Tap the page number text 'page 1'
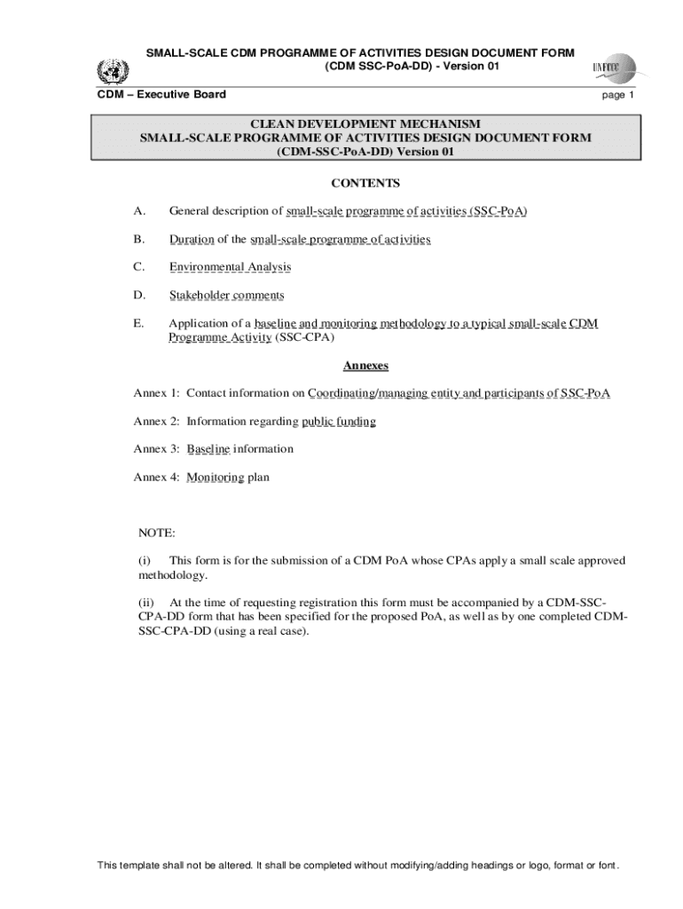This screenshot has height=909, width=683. tap(619, 95)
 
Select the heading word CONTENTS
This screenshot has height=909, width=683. tap(365, 184)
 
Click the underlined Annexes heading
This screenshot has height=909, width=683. tap(365, 366)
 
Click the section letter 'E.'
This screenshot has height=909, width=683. tap(139, 324)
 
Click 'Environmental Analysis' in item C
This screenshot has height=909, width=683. tap(230, 267)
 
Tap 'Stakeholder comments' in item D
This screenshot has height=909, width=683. tap(226, 296)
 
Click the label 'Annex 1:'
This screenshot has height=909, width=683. tap(157, 393)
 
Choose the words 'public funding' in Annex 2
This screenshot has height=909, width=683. tap(339, 422)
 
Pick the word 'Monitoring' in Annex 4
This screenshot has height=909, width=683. tap(216, 478)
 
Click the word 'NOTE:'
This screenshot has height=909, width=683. tap(157, 533)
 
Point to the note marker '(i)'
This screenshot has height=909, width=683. tap(145, 561)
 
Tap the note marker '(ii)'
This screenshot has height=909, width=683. tap(146, 604)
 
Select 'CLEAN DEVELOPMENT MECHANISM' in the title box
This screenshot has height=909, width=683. tap(365, 124)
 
